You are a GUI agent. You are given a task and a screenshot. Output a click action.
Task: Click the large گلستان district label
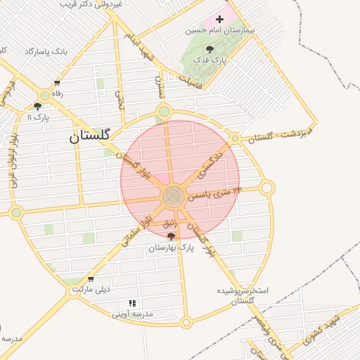tap(90, 136)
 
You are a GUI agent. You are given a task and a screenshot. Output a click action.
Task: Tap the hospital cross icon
tap(220, 19)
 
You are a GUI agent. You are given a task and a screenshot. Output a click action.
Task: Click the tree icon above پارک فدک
tap(210, 49)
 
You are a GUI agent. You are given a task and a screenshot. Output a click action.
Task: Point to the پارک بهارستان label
tap(171, 248)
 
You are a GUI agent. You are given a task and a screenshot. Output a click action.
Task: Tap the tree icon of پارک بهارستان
tap(171, 237)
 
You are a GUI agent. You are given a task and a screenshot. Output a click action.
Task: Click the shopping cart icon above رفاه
tap(56, 82)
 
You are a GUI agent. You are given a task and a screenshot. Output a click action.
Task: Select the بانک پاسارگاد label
tap(49, 51)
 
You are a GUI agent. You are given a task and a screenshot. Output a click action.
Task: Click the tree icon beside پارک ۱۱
tap(37, 106)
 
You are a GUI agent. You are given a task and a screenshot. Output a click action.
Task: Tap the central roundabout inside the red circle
tap(174, 197)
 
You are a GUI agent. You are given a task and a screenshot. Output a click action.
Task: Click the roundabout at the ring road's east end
tap(266, 188)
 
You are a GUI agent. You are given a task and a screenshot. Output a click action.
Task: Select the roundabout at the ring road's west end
tap(16, 212)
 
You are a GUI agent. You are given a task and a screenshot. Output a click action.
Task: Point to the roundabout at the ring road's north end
tap(165, 110)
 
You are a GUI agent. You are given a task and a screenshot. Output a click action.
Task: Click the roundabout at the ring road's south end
tap(186, 323)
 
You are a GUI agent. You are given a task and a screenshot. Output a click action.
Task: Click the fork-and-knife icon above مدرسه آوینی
tap(132, 303)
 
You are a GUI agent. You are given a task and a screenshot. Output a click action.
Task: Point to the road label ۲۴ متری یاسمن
tap(214, 193)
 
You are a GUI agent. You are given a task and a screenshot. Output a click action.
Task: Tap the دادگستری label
tap(210, 162)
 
